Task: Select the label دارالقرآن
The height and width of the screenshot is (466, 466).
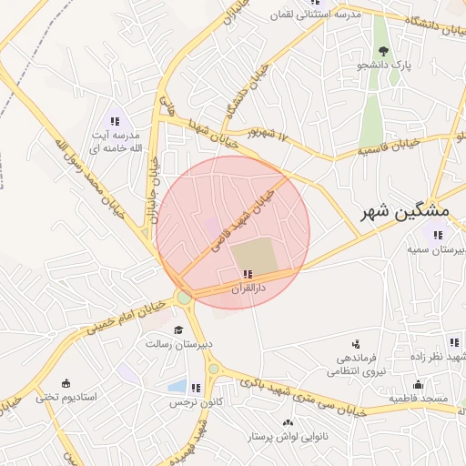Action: click(248, 288)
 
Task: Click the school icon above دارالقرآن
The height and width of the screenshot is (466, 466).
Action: click(248, 273)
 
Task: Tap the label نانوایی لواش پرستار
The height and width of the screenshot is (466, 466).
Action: click(289, 438)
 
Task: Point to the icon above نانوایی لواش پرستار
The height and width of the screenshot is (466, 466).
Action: click(289, 423)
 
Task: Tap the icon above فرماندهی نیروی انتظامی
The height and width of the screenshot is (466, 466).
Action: click(356, 344)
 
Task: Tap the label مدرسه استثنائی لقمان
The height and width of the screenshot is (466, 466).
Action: click(317, 15)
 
